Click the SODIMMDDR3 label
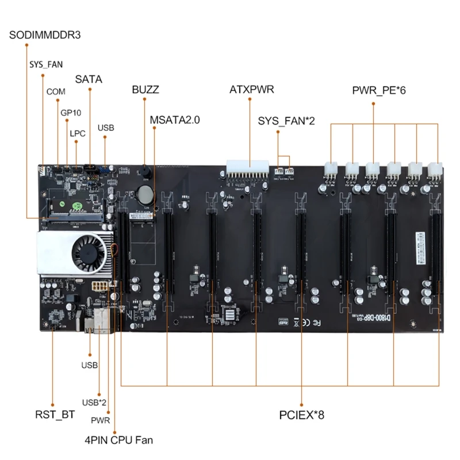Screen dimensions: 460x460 45,34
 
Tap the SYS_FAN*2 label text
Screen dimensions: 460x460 286,121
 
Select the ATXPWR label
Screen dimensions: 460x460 251,90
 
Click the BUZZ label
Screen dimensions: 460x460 145,90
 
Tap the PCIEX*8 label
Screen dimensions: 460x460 301,414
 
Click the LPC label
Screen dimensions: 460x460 78,133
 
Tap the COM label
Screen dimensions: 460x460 56,91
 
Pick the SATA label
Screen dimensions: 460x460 89,79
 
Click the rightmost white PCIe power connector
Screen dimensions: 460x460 434,169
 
